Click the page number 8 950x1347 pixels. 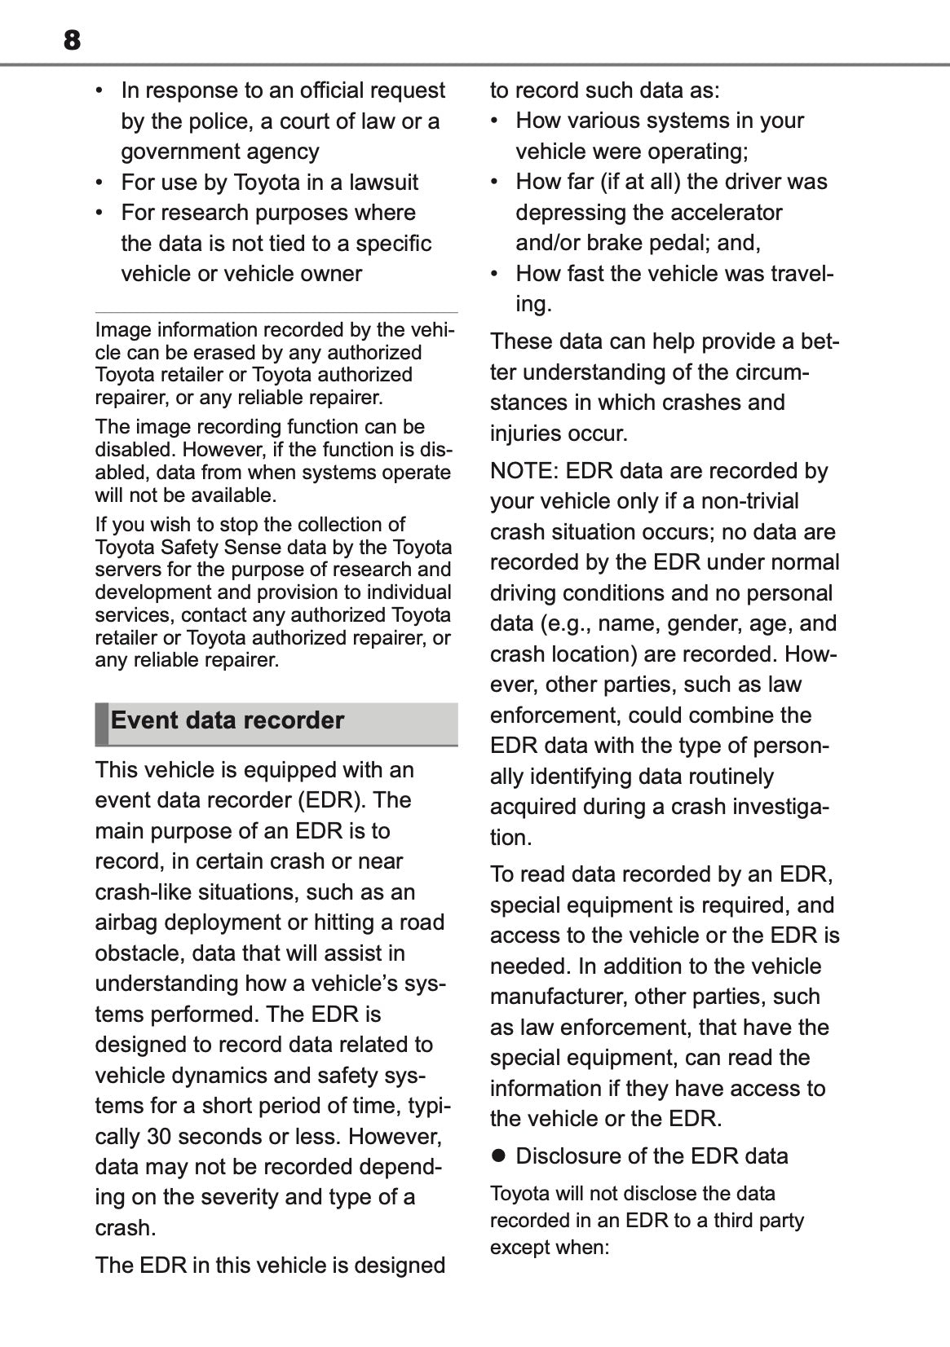coord(72,40)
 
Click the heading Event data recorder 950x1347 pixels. coord(228,720)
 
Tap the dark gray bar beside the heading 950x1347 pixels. coord(101,723)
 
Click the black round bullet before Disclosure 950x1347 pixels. coord(498,1156)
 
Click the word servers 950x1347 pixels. coord(128,570)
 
